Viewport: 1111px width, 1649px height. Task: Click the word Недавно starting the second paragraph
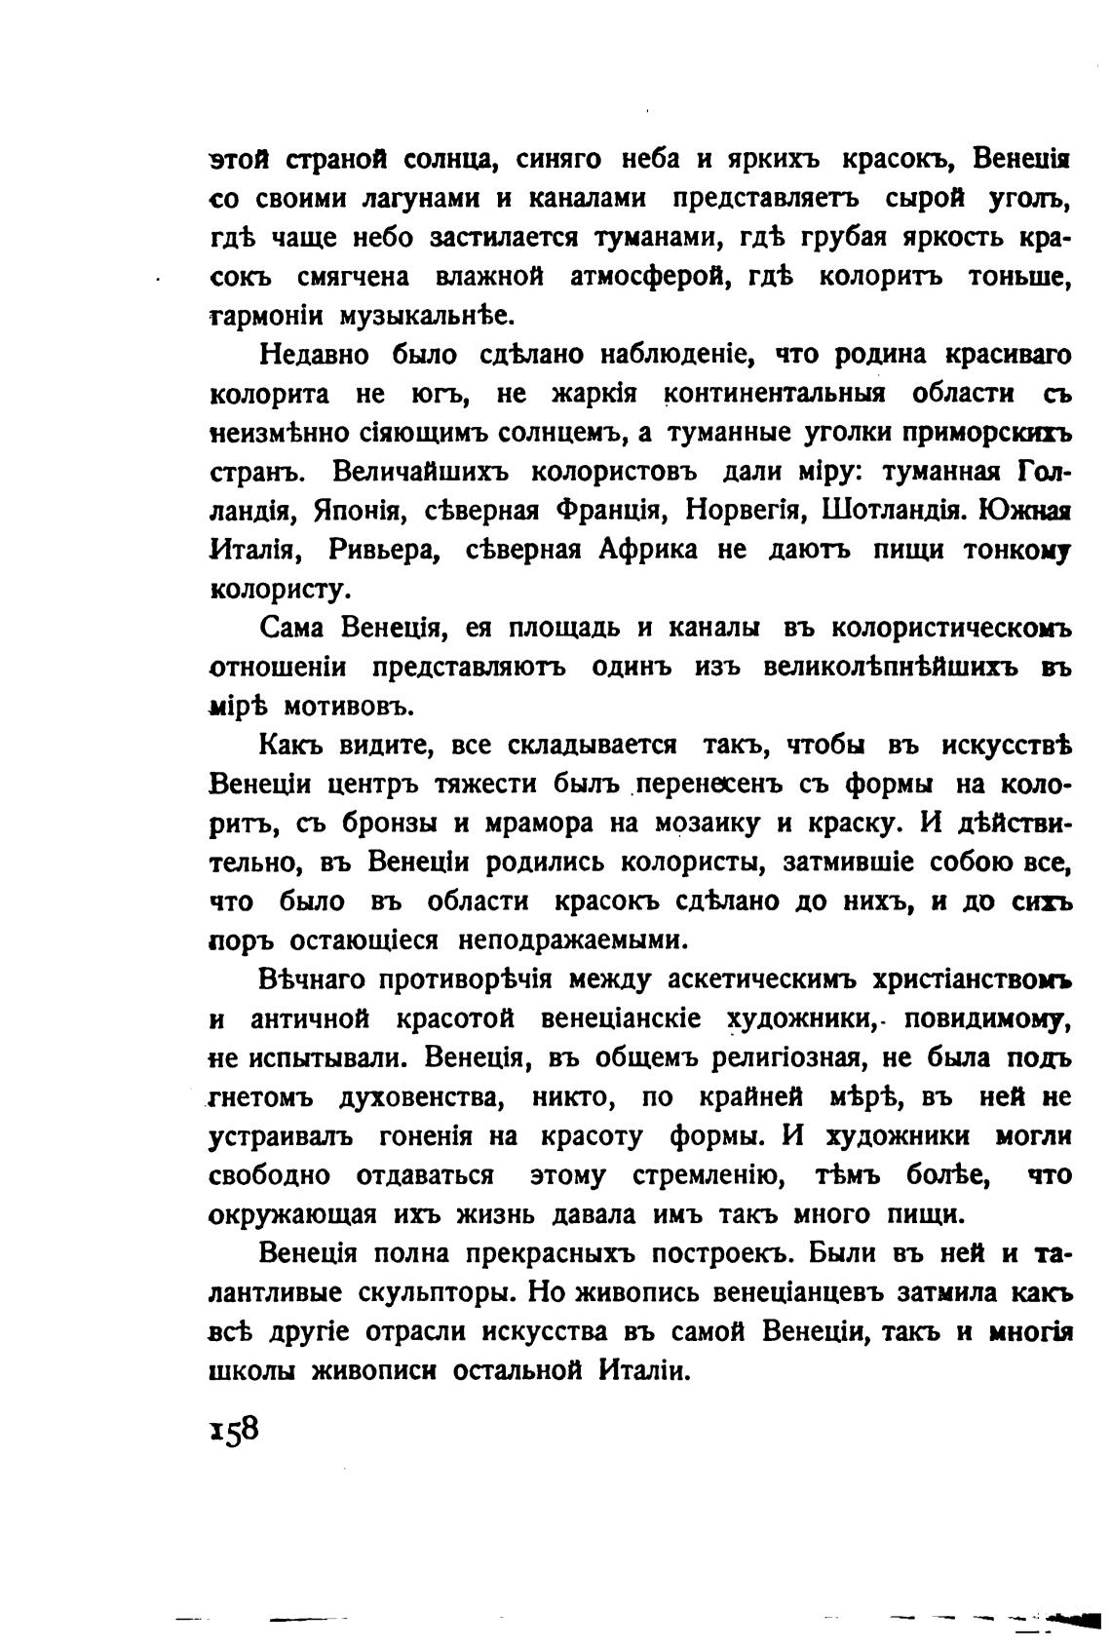click(x=311, y=355)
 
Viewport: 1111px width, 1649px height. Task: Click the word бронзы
click(x=391, y=824)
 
